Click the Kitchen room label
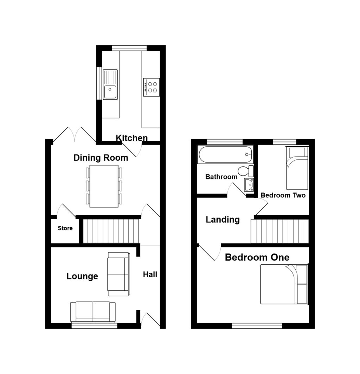click(x=131, y=138)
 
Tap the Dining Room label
click(x=101, y=158)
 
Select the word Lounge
click(x=82, y=276)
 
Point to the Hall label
click(x=150, y=274)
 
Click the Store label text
click(x=65, y=228)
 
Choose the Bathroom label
click(x=221, y=177)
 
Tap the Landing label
click(x=223, y=220)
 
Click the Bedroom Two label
click(x=283, y=195)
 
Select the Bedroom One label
click(x=257, y=257)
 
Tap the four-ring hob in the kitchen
click(x=152, y=87)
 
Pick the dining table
click(x=104, y=186)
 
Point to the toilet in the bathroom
click(x=245, y=171)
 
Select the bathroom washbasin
click(x=249, y=185)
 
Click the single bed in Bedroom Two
click(x=297, y=168)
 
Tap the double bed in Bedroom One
click(x=284, y=284)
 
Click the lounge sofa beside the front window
click(x=93, y=312)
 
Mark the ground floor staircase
click(x=111, y=231)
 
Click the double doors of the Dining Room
click(x=75, y=135)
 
